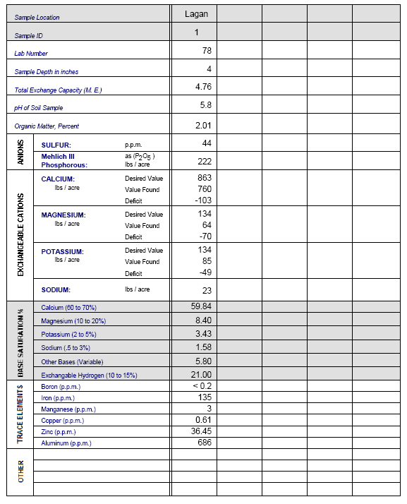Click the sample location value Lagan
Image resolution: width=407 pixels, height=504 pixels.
(195, 13)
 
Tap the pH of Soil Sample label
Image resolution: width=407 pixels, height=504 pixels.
(39, 108)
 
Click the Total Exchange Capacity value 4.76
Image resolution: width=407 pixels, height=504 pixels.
(203, 86)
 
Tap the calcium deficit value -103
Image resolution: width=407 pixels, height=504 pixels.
(202, 200)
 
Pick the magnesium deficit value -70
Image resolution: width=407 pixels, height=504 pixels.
(204, 236)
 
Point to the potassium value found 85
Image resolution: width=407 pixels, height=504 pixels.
(206, 261)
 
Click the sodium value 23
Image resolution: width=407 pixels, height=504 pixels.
(207, 289)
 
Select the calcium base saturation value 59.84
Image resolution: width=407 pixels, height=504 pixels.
(202, 306)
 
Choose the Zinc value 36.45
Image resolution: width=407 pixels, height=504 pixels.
(202, 431)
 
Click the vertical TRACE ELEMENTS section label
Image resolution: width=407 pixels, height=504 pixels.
(20, 414)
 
